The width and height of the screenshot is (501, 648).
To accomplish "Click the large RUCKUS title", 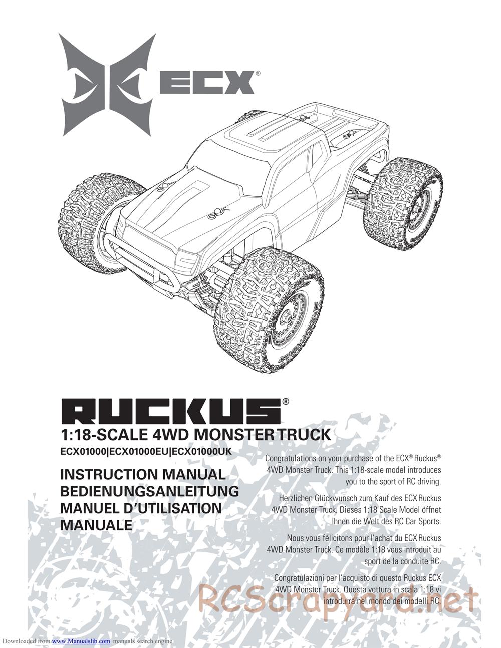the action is tap(170, 411).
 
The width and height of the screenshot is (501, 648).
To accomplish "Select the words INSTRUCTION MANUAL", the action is tap(143, 474).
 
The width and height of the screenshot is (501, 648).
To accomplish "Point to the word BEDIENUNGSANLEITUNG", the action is tap(149, 491).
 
